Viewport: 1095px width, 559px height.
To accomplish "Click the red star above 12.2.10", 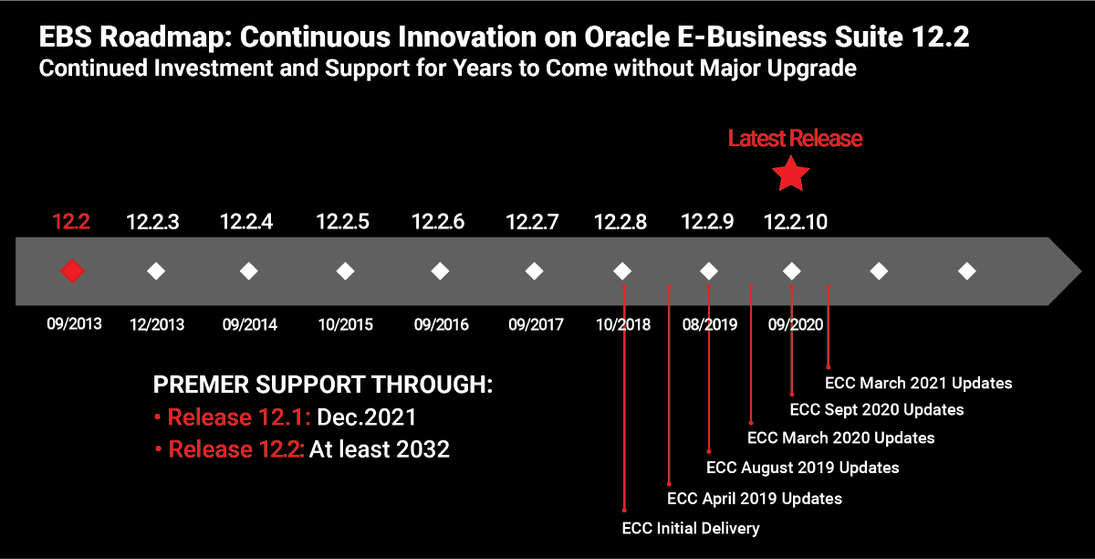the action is point(791,174).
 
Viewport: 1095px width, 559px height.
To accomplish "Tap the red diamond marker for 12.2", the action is point(72,271).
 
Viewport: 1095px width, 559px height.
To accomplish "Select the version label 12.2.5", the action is point(343,222).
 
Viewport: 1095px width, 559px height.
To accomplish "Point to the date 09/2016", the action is point(442,324).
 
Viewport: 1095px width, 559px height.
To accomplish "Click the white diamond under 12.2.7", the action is point(535,271).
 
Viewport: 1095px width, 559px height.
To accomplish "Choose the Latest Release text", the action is point(796,138).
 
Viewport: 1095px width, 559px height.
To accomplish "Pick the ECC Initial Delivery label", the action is point(691,528).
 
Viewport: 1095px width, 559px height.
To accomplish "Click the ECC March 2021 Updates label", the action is point(919,383).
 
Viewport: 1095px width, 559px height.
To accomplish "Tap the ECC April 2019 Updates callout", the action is point(755,499).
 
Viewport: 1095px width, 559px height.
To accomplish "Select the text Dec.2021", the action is point(367,417).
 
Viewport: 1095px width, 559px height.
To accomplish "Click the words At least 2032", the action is point(380,449).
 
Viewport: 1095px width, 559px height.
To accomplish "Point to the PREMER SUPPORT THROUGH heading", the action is point(323,385).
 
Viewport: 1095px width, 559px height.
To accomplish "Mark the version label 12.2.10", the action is point(796,222).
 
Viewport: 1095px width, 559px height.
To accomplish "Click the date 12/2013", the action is point(157,324).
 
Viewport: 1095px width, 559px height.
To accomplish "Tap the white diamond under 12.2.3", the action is point(156,271).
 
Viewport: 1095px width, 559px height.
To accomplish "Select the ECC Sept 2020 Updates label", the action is point(877,409).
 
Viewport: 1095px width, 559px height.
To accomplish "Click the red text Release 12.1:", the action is point(239,417).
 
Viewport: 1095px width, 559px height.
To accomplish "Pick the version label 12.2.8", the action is point(620,222).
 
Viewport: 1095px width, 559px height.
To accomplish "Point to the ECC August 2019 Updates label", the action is point(803,468).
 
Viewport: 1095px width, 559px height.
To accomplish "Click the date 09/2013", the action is point(74,323).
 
